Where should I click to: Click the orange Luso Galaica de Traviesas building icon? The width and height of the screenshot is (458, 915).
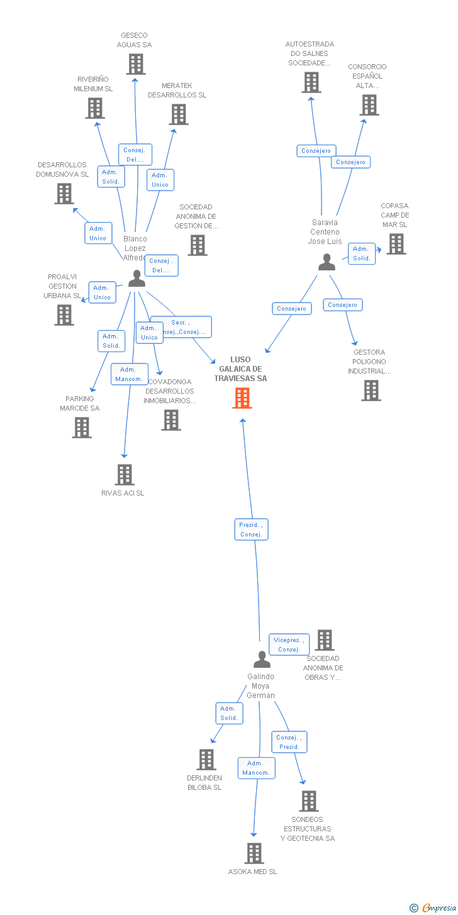pyautogui.click(x=242, y=398)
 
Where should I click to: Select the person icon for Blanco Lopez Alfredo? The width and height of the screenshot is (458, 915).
pyautogui.click(x=137, y=278)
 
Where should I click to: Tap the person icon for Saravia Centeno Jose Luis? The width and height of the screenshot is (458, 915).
pyautogui.click(x=327, y=262)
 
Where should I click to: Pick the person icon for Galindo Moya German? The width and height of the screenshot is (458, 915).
pyautogui.click(x=262, y=659)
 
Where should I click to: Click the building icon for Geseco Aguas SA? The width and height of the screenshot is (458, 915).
pyautogui.click(x=135, y=64)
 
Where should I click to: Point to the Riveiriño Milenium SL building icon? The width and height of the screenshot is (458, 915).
pyautogui.click(x=95, y=108)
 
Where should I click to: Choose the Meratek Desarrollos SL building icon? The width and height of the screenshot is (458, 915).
pyautogui.click(x=179, y=114)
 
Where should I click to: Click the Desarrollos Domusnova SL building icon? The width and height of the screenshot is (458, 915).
pyautogui.click(x=64, y=194)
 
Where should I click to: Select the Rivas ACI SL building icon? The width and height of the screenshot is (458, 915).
pyautogui.click(x=125, y=475)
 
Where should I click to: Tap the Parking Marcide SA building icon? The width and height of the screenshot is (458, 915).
pyautogui.click(x=82, y=428)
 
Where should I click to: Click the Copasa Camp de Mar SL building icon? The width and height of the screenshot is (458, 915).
pyautogui.click(x=396, y=244)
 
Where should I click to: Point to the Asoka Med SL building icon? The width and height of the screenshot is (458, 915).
pyautogui.click(x=254, y=853)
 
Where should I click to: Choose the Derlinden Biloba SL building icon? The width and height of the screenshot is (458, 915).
pyautogui.click(x=206, y=760)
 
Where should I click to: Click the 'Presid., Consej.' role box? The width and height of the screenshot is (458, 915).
pyautogui.click(x=252, y=530)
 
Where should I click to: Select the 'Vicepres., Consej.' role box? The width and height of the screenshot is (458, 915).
pyautogui.click(x=289, y=645)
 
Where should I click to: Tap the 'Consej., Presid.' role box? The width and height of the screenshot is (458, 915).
pyautogui.click(x=289, y=742)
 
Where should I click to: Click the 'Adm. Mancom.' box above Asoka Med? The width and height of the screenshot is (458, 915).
pyautogui.click(x=256, y=768)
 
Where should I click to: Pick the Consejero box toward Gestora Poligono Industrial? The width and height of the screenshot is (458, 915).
pyautogui.click(x=343, y=305)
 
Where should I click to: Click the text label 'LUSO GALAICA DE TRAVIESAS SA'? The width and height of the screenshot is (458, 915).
pyautogui.click(x=240, y=369)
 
